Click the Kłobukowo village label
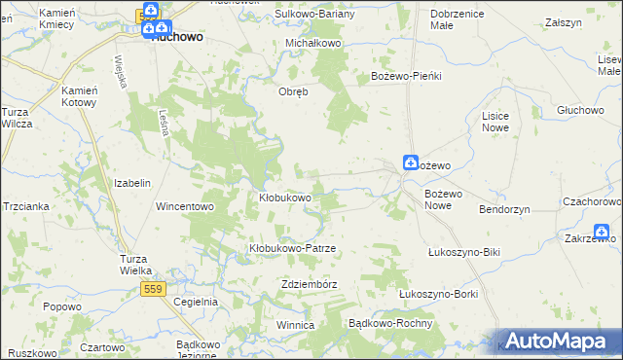(x=284, y=198)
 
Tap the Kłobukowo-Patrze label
(x=292, y=248)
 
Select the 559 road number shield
(x=152, y=289)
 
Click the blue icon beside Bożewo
(x=412, y=164)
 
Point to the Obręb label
(x=294, y=92)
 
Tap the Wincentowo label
(x=184, y=206)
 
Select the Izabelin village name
(x=132, y=183)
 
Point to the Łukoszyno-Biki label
(x=463, y=252)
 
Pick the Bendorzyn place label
(x=504, y=209)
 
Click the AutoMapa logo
(x=556, y=342)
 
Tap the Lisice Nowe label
(x=495, y=122)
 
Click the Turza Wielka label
(x=135, y=265)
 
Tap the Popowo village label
(x=61, y=306)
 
